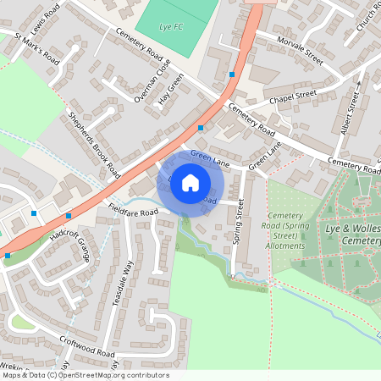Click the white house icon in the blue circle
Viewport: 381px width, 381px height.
point(190,182)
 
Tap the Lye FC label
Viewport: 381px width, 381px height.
point(172,27)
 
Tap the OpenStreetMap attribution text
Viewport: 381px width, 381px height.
point(85,375)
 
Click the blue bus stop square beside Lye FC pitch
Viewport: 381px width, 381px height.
point(231,75)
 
